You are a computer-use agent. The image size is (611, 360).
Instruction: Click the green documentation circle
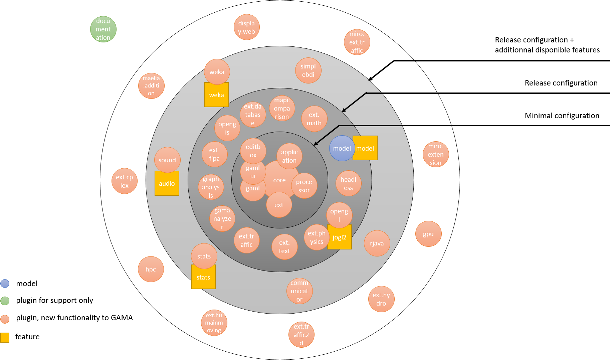[x=103, y=29]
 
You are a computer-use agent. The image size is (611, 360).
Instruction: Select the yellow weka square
[x=216, y=95]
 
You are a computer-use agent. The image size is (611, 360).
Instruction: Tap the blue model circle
[x=342, y=148]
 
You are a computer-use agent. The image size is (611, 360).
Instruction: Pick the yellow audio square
[x=167, y=183]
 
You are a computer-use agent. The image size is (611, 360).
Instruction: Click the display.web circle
[x=246, y=27]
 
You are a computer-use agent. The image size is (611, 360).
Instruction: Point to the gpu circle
[x=428, y=234]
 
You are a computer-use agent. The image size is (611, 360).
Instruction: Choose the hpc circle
[x=151, y=269]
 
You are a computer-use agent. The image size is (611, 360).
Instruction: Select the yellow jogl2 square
[x=340, y=238]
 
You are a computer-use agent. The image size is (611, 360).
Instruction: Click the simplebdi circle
[x=308, y=70]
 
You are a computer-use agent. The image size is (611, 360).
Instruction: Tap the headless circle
[x=348, y=183]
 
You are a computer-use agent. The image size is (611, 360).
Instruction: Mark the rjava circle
[x=377, y=243]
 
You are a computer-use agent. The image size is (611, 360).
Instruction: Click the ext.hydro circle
[x=381, y=299]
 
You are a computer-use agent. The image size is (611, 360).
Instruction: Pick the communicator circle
[x=299, y=291]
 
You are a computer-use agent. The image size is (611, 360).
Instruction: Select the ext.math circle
[x=314, y=119]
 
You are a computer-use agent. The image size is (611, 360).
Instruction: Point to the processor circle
[x=304, y=186]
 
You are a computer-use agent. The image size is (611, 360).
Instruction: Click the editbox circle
[x=253, y=151]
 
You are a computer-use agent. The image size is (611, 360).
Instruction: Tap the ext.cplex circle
[x=125, y=181]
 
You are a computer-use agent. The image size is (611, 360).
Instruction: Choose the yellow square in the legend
[x=5, y=338]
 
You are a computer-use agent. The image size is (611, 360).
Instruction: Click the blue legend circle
[x=5, y=284]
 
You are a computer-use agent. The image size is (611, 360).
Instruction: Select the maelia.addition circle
[x=151, y=86]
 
